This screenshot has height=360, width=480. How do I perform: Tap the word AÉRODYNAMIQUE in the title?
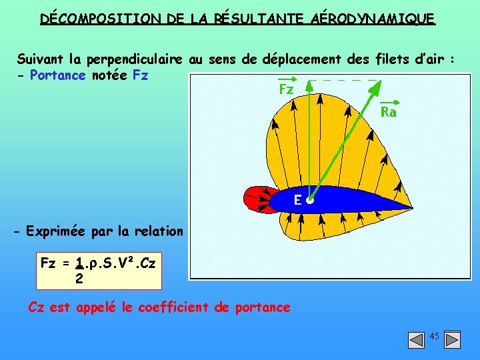point(373,18)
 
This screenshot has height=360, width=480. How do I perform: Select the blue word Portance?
point(57,75)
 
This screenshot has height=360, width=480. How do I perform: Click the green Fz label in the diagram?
point(286,89)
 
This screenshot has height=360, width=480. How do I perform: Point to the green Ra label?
point(388,113)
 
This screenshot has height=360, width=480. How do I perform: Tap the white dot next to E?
point(310,199)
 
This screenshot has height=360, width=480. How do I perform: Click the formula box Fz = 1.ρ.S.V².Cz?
point(99,270)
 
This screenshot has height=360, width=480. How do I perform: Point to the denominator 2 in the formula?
point(79,279)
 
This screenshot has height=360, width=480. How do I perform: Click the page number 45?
point(434,337)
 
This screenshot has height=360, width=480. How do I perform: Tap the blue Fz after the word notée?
point(140,75)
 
